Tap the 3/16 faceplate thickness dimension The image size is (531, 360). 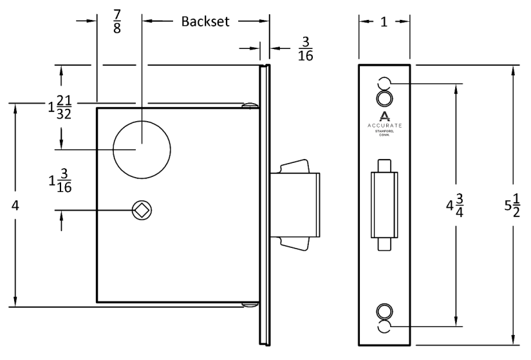point(306,49)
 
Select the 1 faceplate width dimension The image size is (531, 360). point(384,21)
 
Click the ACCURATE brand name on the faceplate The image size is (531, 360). point(384,126)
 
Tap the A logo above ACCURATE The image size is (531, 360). point(384,116)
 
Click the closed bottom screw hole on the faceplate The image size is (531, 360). point(384,310)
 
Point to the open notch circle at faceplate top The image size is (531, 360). point(384,83)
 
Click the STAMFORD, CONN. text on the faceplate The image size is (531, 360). point(384,133)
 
